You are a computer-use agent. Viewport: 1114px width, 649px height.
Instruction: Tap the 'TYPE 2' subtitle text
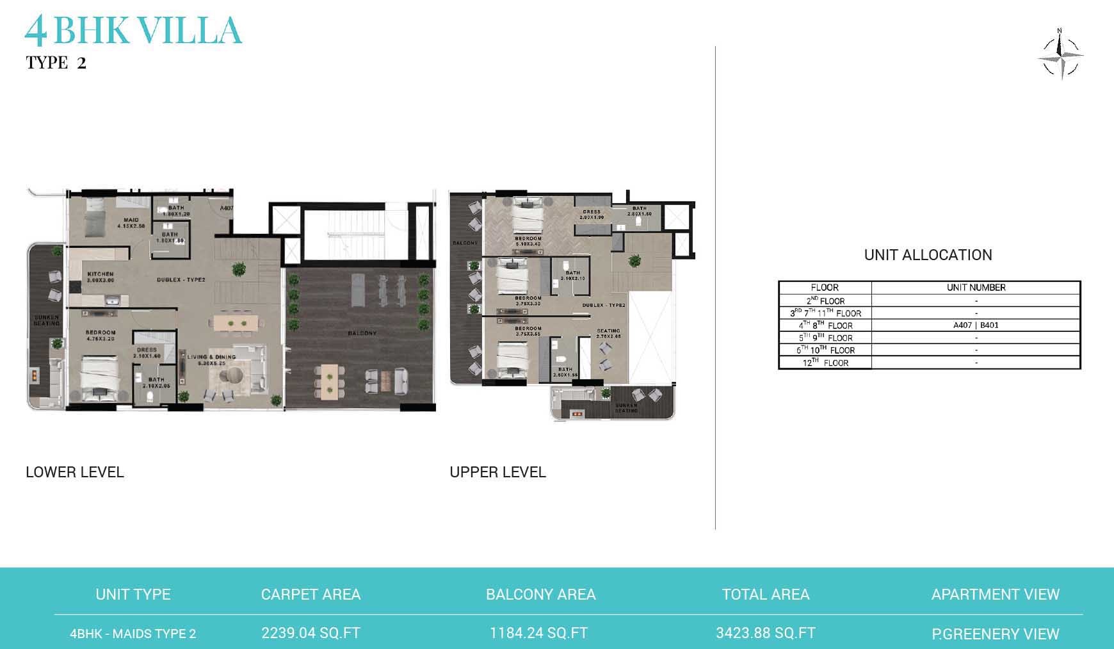tap(56, 63)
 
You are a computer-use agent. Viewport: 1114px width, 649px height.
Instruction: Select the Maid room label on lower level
tap(131, 220)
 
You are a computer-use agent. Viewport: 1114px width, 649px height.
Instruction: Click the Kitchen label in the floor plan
tap(101, 274)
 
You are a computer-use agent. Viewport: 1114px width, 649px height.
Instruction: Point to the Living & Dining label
tap(211, 357)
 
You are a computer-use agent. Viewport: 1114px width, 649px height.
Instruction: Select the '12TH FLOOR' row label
tap(825, 363)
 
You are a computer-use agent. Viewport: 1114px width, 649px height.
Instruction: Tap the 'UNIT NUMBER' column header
tap(976, 288)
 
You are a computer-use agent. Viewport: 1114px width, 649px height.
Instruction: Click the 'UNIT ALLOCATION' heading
tap(928, 255)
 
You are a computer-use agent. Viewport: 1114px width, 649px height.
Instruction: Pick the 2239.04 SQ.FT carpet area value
tap(311, 633)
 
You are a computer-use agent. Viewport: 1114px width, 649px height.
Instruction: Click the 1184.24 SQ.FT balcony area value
tap(538, 633)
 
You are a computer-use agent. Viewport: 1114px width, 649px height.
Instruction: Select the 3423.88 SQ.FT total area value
tap(765, 633)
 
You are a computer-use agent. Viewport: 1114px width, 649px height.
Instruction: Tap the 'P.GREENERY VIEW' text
tap(995, 634)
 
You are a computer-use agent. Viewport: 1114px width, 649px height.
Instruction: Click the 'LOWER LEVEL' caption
tap(75, 472)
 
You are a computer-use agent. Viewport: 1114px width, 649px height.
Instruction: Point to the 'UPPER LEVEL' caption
tap(497, 472)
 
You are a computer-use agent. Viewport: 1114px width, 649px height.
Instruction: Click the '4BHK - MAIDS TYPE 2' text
tap(133, 634)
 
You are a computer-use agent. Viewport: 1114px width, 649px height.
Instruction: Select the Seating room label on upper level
tap(608, 331)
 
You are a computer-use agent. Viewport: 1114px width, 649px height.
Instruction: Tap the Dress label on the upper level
tap(592, 212)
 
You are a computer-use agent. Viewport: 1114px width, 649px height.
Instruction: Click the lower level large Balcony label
tap(362, 333)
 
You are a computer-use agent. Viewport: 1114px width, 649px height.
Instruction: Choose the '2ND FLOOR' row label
tap(825, 300)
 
